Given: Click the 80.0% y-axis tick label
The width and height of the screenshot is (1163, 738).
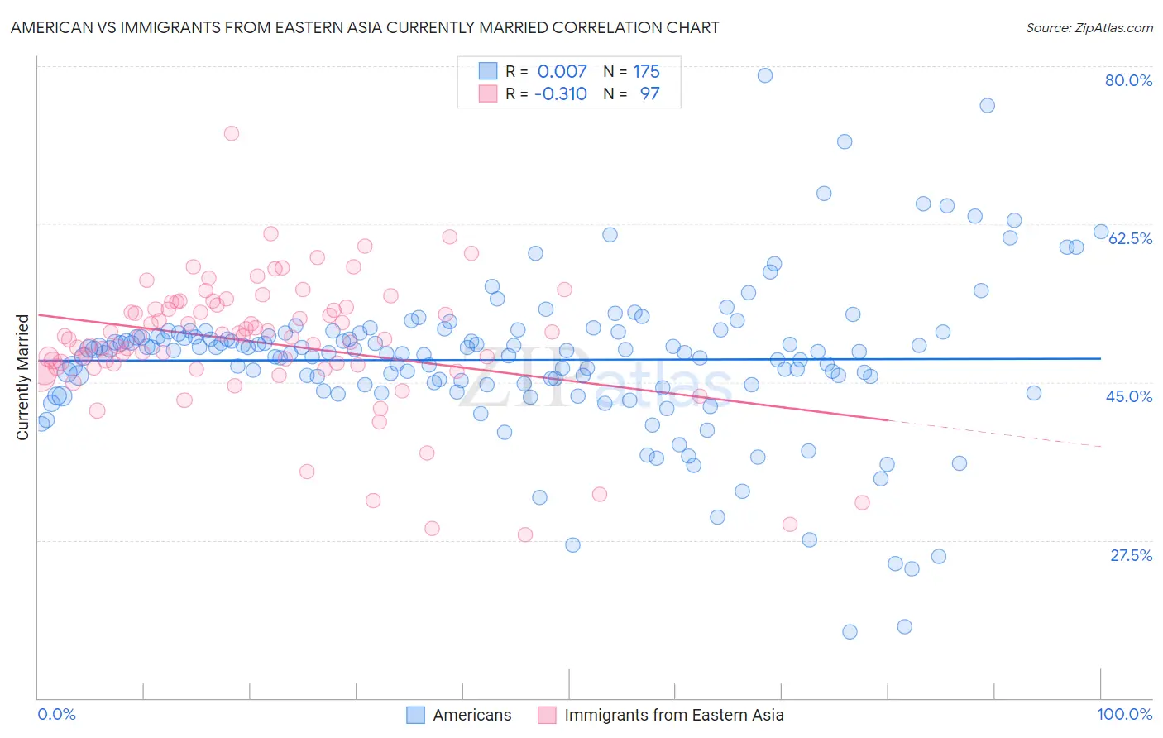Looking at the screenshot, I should (x=1128, y=80).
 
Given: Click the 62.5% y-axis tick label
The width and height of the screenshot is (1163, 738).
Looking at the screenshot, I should (x=1130, y=238).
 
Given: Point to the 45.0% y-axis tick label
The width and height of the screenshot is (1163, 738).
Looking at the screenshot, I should (x=1128, y=396).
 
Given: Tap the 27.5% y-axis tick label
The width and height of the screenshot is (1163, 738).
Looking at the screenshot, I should (x=1131, y=555).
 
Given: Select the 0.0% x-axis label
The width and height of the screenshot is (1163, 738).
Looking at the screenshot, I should (x=57, y=715).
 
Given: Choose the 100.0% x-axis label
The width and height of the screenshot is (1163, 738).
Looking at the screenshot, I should (x=1124, y=715).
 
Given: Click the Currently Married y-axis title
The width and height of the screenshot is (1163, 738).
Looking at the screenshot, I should (x=22, y=377).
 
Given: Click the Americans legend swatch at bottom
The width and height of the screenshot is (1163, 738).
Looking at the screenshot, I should (x=415, y=715).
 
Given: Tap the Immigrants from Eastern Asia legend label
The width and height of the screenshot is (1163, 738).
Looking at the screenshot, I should (x=673, y=715).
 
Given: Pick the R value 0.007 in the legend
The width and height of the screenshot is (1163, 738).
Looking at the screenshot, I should (x=562, y=71).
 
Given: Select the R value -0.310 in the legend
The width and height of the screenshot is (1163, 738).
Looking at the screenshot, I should (x=560, y=93).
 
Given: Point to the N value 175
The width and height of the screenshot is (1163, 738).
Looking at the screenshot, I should (x=646, y=71).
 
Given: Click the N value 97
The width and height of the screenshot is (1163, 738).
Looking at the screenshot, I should (x=649, y=93).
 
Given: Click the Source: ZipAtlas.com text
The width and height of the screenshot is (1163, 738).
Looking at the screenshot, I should (x=1089, y=27).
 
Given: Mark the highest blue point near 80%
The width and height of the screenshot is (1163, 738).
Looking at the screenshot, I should (x=765, y=75).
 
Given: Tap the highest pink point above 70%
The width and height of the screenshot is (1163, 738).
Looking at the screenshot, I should (x=232, y=133).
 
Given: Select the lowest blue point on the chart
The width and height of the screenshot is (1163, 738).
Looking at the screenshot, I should (x=850, y=632).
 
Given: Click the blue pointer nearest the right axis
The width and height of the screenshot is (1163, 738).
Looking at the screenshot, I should (x=1101, y=232).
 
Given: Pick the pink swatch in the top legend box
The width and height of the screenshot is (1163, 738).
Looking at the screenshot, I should (x=488, y=93).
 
